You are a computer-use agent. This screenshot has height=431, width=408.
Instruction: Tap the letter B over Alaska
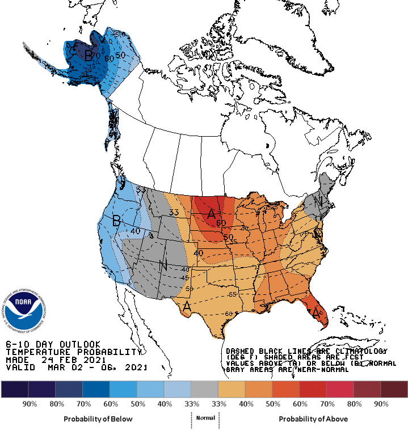click(x=88, y=56)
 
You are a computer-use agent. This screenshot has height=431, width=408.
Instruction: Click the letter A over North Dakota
click(x=211, y=214)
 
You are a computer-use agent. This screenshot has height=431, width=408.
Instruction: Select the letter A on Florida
click(x=315, y=311)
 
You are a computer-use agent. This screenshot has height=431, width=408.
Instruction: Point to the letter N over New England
click(x=319, y=201)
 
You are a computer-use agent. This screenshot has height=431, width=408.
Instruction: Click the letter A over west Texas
click(x=186, y=307)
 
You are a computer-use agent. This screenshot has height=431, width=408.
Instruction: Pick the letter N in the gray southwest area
click(x=163, y=265)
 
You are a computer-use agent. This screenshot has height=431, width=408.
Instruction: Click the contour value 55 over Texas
click(x=232, y=295)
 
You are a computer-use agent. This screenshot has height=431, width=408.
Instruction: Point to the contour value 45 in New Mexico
click(x=185, y=278)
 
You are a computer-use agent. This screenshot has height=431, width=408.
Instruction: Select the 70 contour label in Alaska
click(x=96, y=56)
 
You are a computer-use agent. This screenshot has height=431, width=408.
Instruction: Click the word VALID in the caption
click(x=20, y=367)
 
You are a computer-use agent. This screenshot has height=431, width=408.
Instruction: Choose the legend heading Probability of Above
click(x=313, y=419)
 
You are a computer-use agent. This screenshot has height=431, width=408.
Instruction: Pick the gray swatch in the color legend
click(x=204, y=389)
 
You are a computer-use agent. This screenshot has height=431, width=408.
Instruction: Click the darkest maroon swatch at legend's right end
click(x=394, y=389)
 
